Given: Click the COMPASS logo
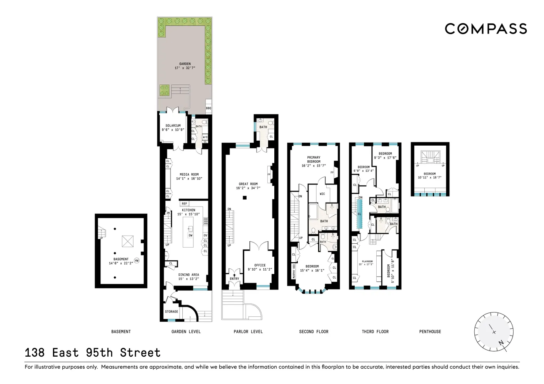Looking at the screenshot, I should coord(486,29).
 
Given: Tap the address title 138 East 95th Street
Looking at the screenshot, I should coord(92,352).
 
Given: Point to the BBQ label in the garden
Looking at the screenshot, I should coord(209,108).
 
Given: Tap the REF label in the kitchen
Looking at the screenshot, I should coord(185,204).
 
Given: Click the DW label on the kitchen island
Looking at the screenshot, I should coord(190,235).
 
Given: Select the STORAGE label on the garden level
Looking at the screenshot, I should coord(172,312).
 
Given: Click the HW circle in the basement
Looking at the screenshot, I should coord(137,261).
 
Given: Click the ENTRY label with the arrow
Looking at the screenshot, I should coord(234,278).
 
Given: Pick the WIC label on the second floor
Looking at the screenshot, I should coord(322,194).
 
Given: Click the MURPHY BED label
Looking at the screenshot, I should coord(294,271).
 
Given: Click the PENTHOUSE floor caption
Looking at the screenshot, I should coord(430,332).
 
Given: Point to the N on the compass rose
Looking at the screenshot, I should coord(501,342).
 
